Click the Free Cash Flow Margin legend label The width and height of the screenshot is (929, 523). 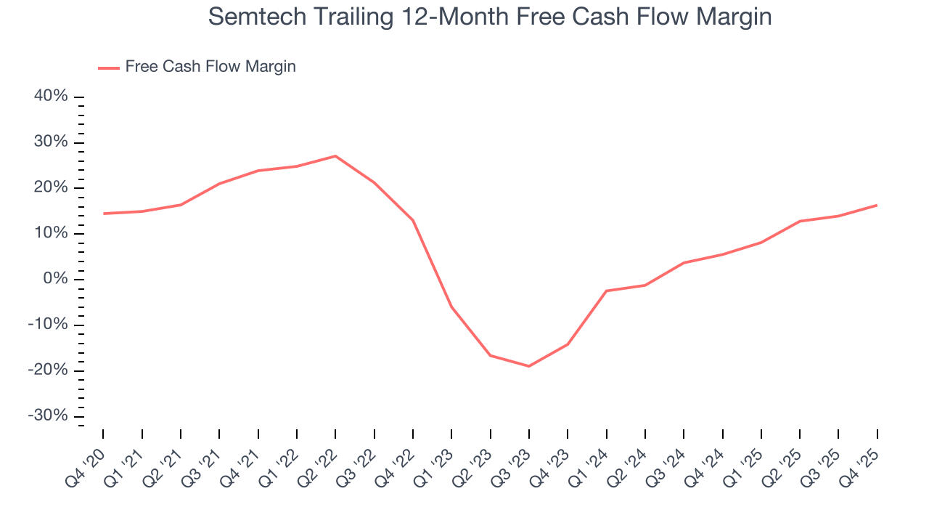(210, 67)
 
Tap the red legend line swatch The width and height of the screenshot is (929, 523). (109, 68)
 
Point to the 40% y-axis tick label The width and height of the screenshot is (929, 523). (50, 97)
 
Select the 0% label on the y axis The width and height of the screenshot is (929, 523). (55, 279)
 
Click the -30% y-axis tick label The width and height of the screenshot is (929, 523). (48, 415)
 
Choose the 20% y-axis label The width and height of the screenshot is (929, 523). (50, 187)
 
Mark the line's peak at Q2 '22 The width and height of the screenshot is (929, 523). (335, 156)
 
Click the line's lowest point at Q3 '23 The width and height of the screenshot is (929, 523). (529, 366)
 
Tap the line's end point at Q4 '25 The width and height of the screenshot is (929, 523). (877, 205)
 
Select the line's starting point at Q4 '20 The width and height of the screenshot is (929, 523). (104, 214)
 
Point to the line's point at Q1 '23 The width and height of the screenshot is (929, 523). (451, 307)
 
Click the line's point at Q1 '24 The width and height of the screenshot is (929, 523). (606, 291)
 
